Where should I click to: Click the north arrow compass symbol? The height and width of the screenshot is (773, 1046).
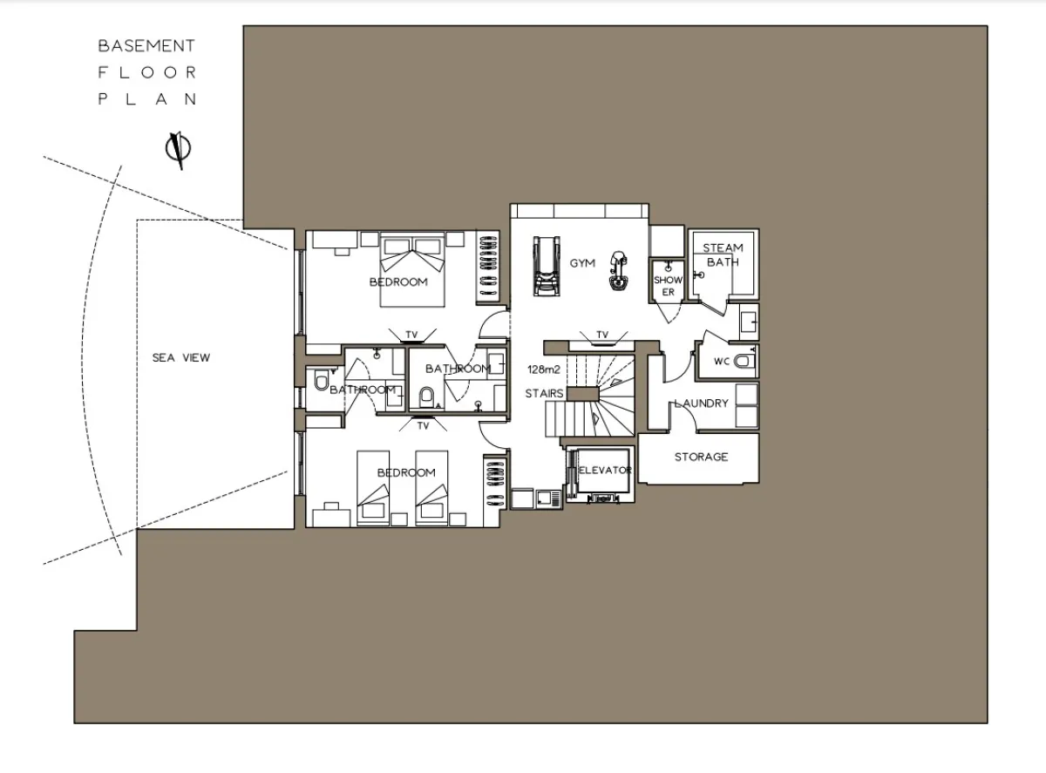pos(179,150)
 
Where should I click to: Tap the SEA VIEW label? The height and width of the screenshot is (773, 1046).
pos(181,357)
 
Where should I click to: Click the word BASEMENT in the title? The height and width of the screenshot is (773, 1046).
pos(146,45)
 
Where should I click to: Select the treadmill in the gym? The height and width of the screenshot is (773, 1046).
pos(547,266)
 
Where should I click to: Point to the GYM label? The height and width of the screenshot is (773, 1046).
pos(582,263)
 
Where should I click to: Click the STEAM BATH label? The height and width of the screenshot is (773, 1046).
pos(723,254)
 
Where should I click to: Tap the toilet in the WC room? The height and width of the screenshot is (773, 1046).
pos(744,362)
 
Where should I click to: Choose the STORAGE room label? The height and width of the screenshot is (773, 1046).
pos(702,457)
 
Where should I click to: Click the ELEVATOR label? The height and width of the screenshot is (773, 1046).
pos(605,471)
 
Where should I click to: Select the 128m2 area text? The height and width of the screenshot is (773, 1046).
pos(544,370)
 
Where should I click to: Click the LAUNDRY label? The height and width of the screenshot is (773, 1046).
pos(702,403)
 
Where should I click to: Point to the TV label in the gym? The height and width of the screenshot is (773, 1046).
pos(602,335)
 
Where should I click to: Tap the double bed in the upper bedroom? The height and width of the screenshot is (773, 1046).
pos(412,269)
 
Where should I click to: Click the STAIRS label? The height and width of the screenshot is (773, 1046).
pos(544,393)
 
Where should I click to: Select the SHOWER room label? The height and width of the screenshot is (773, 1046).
pos(669,286)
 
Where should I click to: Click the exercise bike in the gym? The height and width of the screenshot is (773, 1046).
pos(618,270)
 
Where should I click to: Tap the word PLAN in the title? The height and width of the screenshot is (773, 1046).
pos(146,99)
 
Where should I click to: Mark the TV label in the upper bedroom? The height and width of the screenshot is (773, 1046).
pos(411,335)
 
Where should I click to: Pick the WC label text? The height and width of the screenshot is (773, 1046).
pos(722,362)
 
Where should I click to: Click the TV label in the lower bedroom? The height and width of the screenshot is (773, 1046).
pos(423,426)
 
